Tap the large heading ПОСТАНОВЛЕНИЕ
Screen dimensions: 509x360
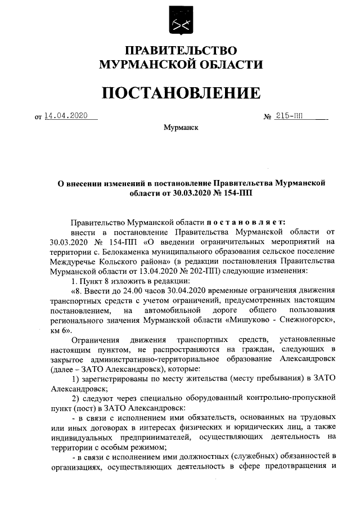(181, 92)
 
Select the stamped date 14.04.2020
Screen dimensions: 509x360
(66, 116)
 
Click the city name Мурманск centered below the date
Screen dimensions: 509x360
(181, 128)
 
